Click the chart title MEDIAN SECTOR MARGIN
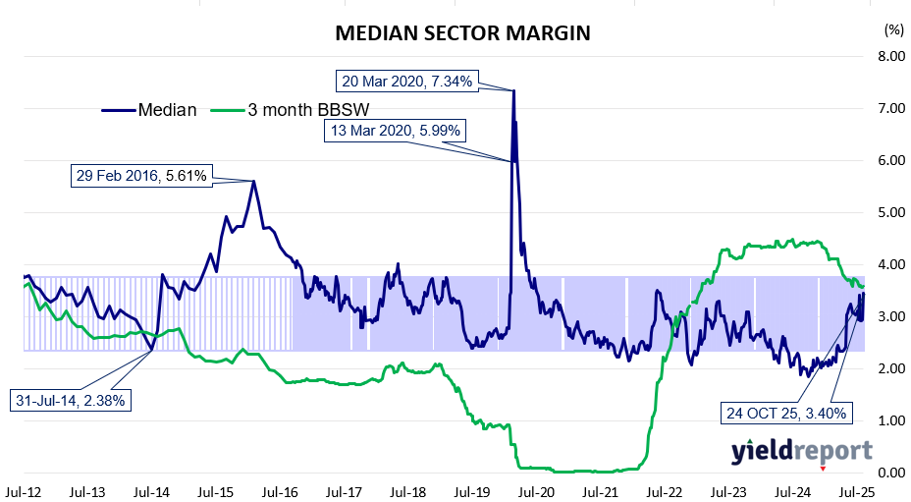[x=462, y=33]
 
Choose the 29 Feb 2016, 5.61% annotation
[x=141, y=177]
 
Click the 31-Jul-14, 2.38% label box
[x=72, y=400]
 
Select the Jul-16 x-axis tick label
[x=281, y=487]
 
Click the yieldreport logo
[x=801, y=451]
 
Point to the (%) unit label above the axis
[x=892, y=29]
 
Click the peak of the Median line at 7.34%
[x=513, y=90]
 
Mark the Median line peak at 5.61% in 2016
[x=254, y=181]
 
